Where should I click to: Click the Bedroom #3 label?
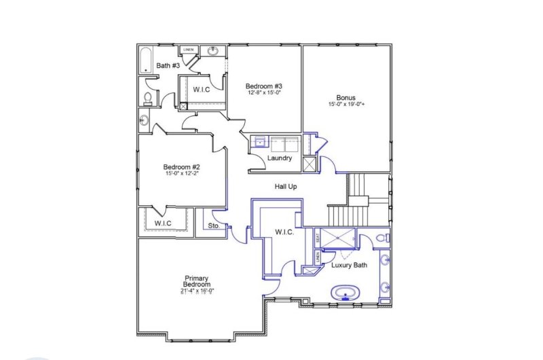[x=263, y=86]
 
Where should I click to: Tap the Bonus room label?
[x=345, y=98]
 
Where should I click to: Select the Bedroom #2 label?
[x=181, y=167]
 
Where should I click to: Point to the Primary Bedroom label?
[x=197, y=281]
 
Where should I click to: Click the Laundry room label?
[x=280, y=158]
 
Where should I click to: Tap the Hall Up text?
[x=285, y=186]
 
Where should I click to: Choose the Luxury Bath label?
[x=349, y=265]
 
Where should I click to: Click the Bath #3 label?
[x=167, y=66]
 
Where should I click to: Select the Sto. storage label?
[x=212, y=226]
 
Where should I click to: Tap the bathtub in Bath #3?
[x=146, y=60]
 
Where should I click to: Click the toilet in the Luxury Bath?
[x=384, y=238]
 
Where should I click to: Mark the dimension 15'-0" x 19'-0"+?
[x=345, y=105]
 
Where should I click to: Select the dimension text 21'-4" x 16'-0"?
[x=197, y=291]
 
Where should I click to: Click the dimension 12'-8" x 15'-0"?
[x=263, y=93]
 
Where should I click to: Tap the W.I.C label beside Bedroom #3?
[x=201, y=90]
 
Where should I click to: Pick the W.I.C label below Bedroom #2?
[x=162, y=223]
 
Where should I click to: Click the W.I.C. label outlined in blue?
[x=284, y=232]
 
